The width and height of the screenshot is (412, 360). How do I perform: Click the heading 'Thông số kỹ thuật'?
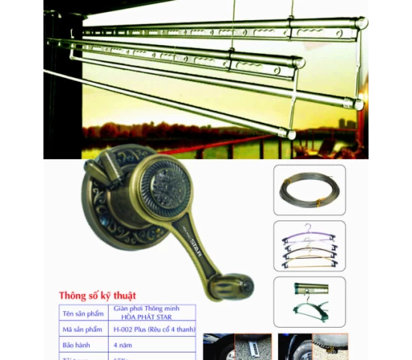click(x=98, y=295)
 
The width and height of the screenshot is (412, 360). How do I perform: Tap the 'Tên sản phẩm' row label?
click(x=82, y=312)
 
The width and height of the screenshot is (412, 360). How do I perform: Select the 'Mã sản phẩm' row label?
click(x=82, y=329)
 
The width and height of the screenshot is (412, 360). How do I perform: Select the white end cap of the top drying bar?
click(x=362, y=24)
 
